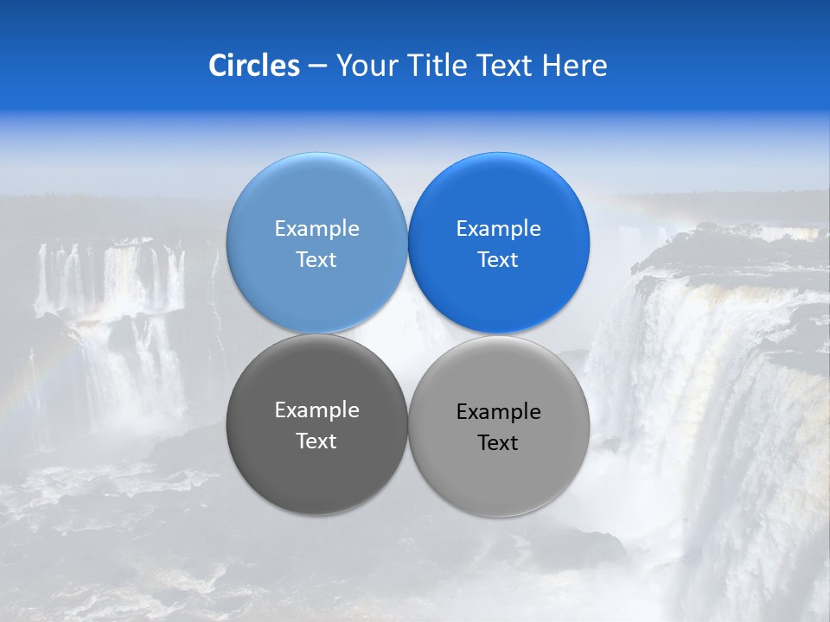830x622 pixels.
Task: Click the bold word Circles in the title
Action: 253,66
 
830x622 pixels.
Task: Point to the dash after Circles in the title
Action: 317,67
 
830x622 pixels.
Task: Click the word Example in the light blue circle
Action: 316,228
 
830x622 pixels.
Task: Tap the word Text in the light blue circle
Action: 316,259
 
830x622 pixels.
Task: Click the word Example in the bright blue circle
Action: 498,228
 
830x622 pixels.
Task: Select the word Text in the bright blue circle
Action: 498,259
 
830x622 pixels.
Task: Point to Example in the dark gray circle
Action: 316,409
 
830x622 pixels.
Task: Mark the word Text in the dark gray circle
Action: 316,441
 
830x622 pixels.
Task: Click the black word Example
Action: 498,411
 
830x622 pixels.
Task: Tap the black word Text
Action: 498,442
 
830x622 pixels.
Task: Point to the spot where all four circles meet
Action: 407,333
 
